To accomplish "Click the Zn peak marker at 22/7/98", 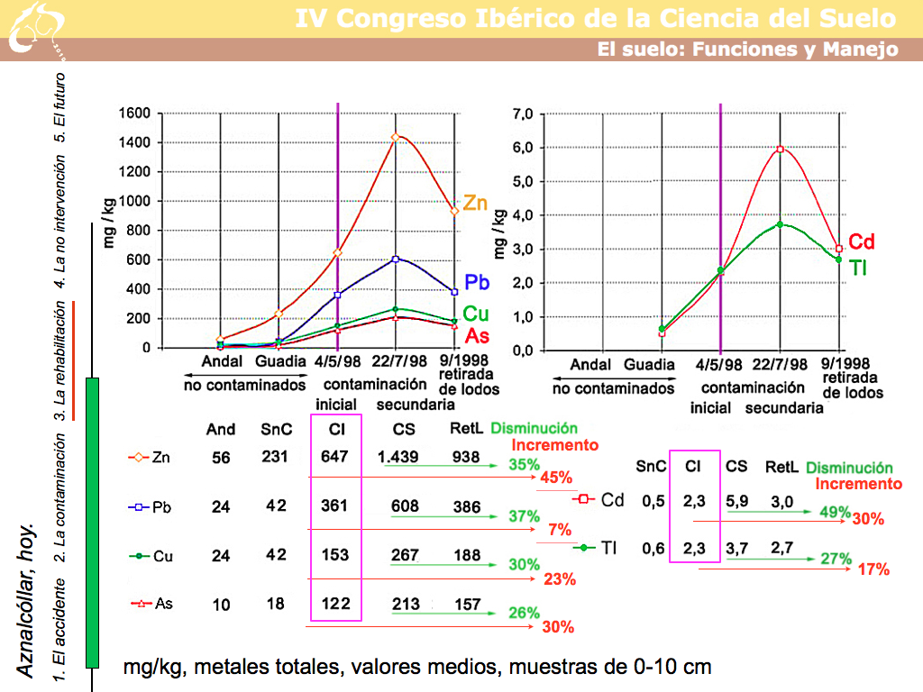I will click(395, 137).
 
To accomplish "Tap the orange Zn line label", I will click(475, 204).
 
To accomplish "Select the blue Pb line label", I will click(477, 282).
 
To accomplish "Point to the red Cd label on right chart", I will click(862, 241).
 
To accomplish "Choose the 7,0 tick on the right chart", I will click(523, 114).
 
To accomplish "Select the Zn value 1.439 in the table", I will click(399, 457).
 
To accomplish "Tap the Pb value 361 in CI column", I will click(334, 506).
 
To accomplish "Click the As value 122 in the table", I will click(334, 603).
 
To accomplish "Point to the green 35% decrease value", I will click(524, 465).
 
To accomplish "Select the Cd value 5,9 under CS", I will click(736, 499).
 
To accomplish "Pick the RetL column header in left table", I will click(467, 429).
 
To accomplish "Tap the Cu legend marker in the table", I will click(139, 556).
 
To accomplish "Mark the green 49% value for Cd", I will click(836, 512).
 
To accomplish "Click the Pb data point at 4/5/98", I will click(337, 295).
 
